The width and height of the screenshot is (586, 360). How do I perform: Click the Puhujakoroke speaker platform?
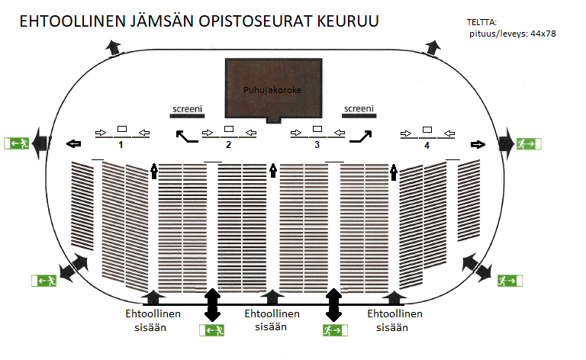click(x=274, y=90)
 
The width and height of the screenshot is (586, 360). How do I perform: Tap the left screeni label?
click(x=187, y=108)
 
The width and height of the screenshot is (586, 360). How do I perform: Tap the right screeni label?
click(x=359, y=108)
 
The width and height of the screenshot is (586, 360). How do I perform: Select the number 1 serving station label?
click(x=121, y=145)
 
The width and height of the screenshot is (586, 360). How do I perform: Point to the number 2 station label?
click(x=228, y=145)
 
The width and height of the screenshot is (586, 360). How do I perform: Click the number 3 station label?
click(x=317, y=145)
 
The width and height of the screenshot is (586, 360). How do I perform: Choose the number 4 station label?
click(x=427, y=146)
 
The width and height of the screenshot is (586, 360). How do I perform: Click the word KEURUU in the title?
click(x=348, y=21)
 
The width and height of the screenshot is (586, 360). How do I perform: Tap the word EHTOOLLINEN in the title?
click(x=72, y=21)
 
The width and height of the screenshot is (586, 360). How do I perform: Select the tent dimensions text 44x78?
click(x=543, y=34)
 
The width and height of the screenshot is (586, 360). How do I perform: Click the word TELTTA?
click(x=481, y=22)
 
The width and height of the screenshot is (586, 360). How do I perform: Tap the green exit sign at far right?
click(x=529, y=144)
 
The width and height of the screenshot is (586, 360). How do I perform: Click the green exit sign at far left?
click(x=17, y=143)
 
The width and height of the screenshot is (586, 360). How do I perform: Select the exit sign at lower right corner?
click(x=510, y=281)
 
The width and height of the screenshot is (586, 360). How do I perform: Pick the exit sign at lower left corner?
click(x=44, y=281)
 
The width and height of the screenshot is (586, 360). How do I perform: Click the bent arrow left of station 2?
click(x=187, y=137)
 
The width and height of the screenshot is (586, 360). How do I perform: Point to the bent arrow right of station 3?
click(x=361, y=137)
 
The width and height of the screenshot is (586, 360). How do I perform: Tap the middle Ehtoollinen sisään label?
click(x=272, y=320)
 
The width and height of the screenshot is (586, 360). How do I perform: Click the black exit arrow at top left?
click(x=113, y=48)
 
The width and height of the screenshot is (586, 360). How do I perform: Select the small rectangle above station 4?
click(x=427, y=130)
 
